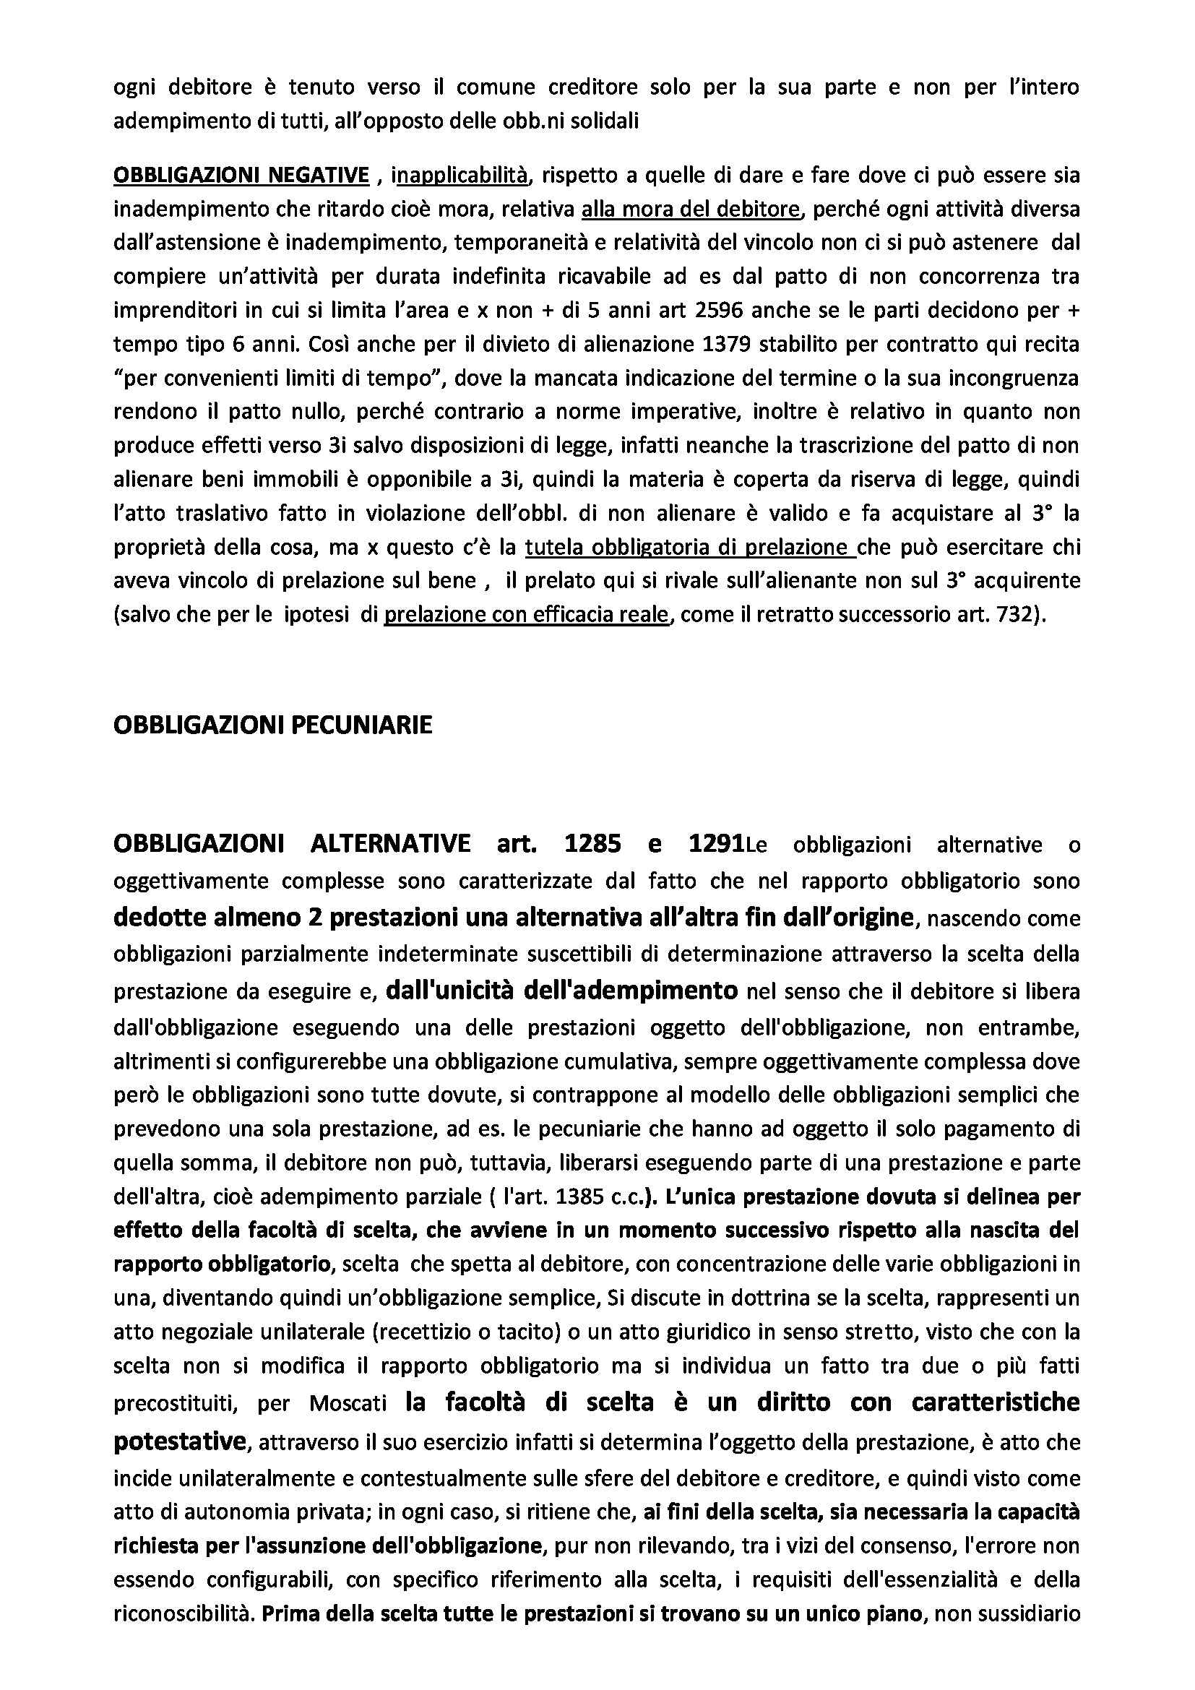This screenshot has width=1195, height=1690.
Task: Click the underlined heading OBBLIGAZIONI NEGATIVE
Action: [241, 175]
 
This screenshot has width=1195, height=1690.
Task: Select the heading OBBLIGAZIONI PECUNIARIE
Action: [273, 725]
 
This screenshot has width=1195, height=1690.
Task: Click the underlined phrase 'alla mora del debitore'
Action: [690, 209]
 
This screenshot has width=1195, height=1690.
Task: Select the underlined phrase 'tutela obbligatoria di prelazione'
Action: [690, 548]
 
